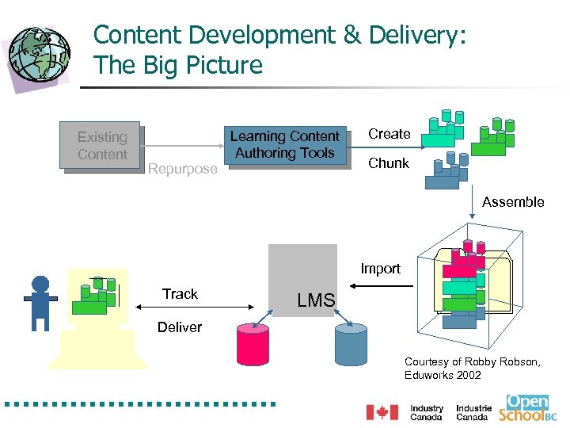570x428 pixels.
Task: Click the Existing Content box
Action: (x=102, y=146)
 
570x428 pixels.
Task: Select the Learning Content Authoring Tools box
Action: (x=285, y=144)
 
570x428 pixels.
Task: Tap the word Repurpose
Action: (x=182, y=169)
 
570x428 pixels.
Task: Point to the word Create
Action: (x=389, y=134)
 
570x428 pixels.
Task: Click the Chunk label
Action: (x=389, y=163)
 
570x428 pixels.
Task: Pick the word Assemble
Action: (x=513, y=202)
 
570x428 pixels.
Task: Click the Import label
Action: (x=380, y=269)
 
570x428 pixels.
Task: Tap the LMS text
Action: (x=316, y=300)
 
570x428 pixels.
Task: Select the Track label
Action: (x=180, y=294)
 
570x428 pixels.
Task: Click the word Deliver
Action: (x=180, y=327)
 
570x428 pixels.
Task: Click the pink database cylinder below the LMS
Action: (x=253, y=344)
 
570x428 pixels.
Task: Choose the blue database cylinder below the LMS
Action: (x=351, y=344)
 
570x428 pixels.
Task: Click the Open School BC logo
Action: (x=532, y=407)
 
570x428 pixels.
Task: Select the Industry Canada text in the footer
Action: (x=427, y=413)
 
